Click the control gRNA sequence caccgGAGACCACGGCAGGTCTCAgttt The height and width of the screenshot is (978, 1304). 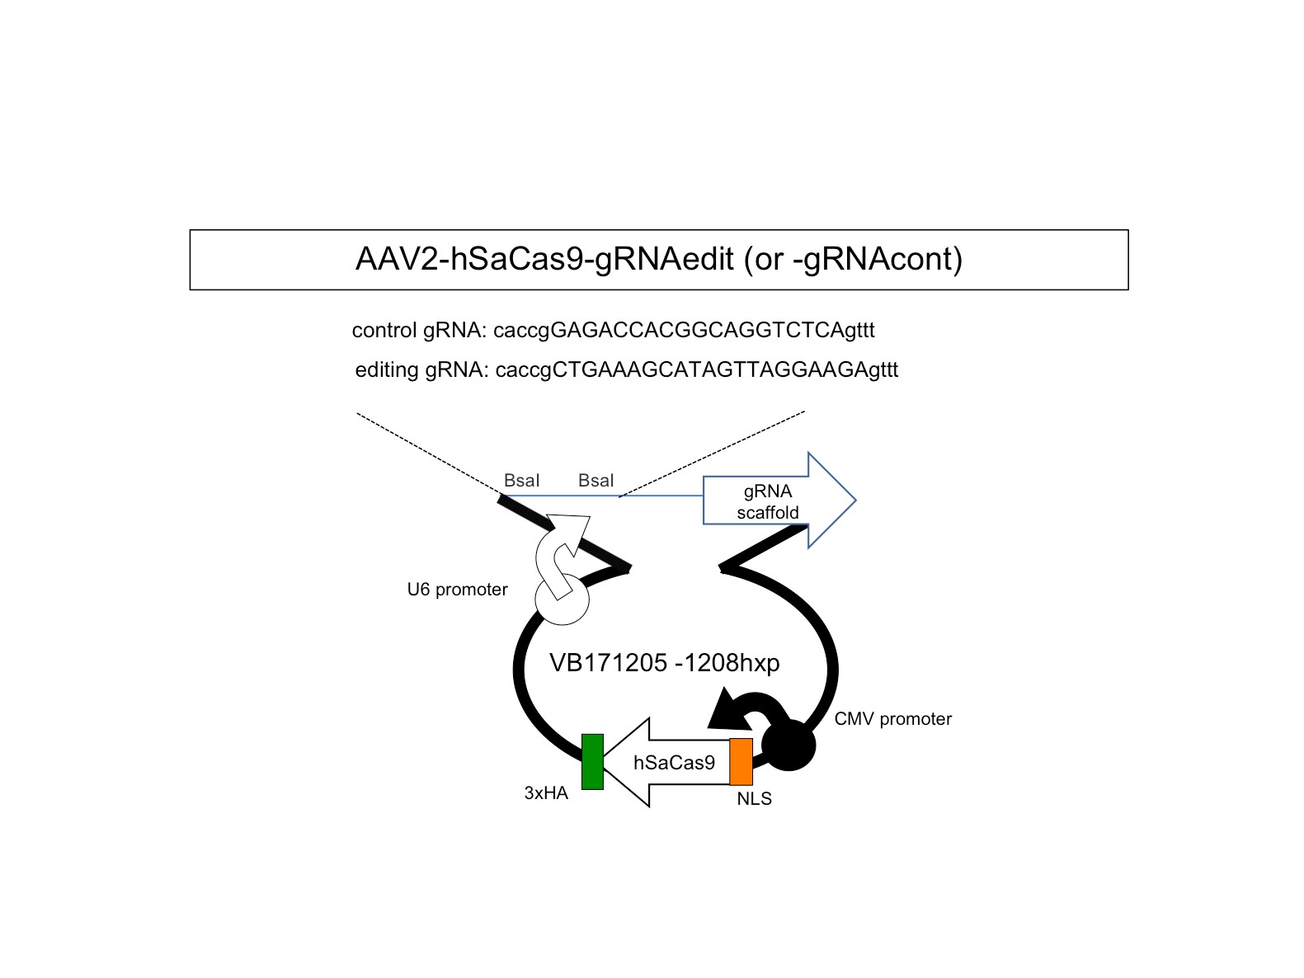pyautogui.click(x=684, y=331)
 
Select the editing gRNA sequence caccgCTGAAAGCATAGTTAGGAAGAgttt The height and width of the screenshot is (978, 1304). pyautogui.click(x=696, y=370)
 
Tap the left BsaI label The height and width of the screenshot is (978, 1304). pyautogui.click(x=521, y=481)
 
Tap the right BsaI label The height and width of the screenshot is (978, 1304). pyautogui.click(x=596, y=481)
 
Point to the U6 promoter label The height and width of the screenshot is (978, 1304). pyautogui.click(x=457, y=590)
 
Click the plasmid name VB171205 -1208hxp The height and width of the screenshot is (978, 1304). pyautogui.click(x=664, y=663)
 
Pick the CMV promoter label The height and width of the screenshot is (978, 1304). pyautogui.click(x=892, y=719)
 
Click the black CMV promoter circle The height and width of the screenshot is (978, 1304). pyautogui.click(x=789, y=745)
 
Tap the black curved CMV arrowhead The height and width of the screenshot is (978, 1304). pyautogui.click(x=729, y=712)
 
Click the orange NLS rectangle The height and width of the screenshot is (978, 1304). pyautogui.click(x=741, y=762)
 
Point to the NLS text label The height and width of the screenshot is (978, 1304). pyautogui.click(x=754, y=799)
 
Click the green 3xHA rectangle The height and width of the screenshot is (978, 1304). pyautogui.click(x=592, y=762)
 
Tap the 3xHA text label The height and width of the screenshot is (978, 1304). pyautogui.click(x=546, y=793)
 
